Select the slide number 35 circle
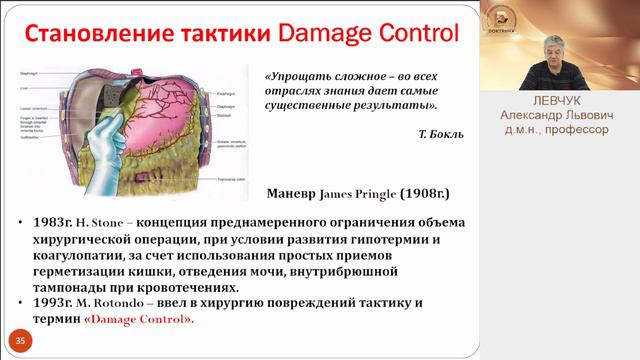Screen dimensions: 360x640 [21, 342]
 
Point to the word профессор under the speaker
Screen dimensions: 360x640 [578, 129]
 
